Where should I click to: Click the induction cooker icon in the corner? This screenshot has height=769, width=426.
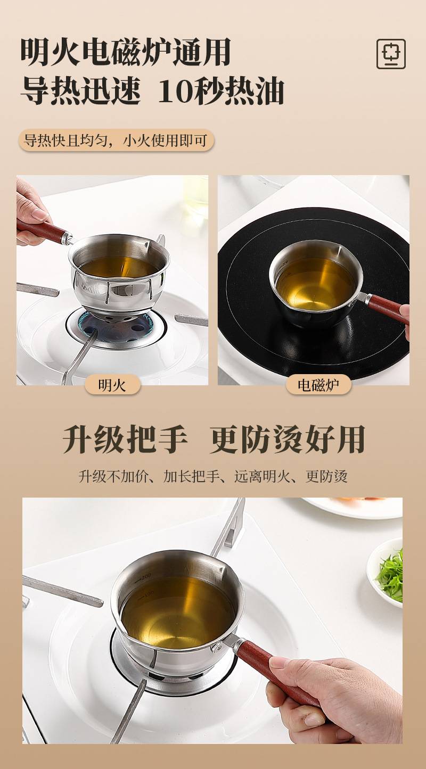[391, 54]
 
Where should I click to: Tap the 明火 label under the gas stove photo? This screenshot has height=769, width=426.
[112, 385]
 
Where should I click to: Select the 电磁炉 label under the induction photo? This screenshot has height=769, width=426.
[318, 385]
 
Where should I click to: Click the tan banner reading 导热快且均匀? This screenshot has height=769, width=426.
[116, 140]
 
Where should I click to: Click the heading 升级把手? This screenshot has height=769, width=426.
[125, 439]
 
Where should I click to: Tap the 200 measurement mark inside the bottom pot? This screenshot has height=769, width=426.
[146, 576]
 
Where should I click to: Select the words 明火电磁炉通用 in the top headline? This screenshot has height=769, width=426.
[126, 53]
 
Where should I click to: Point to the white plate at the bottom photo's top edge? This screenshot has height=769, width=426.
[354, 507]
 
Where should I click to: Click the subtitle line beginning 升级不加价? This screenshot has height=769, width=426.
[213, 476]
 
